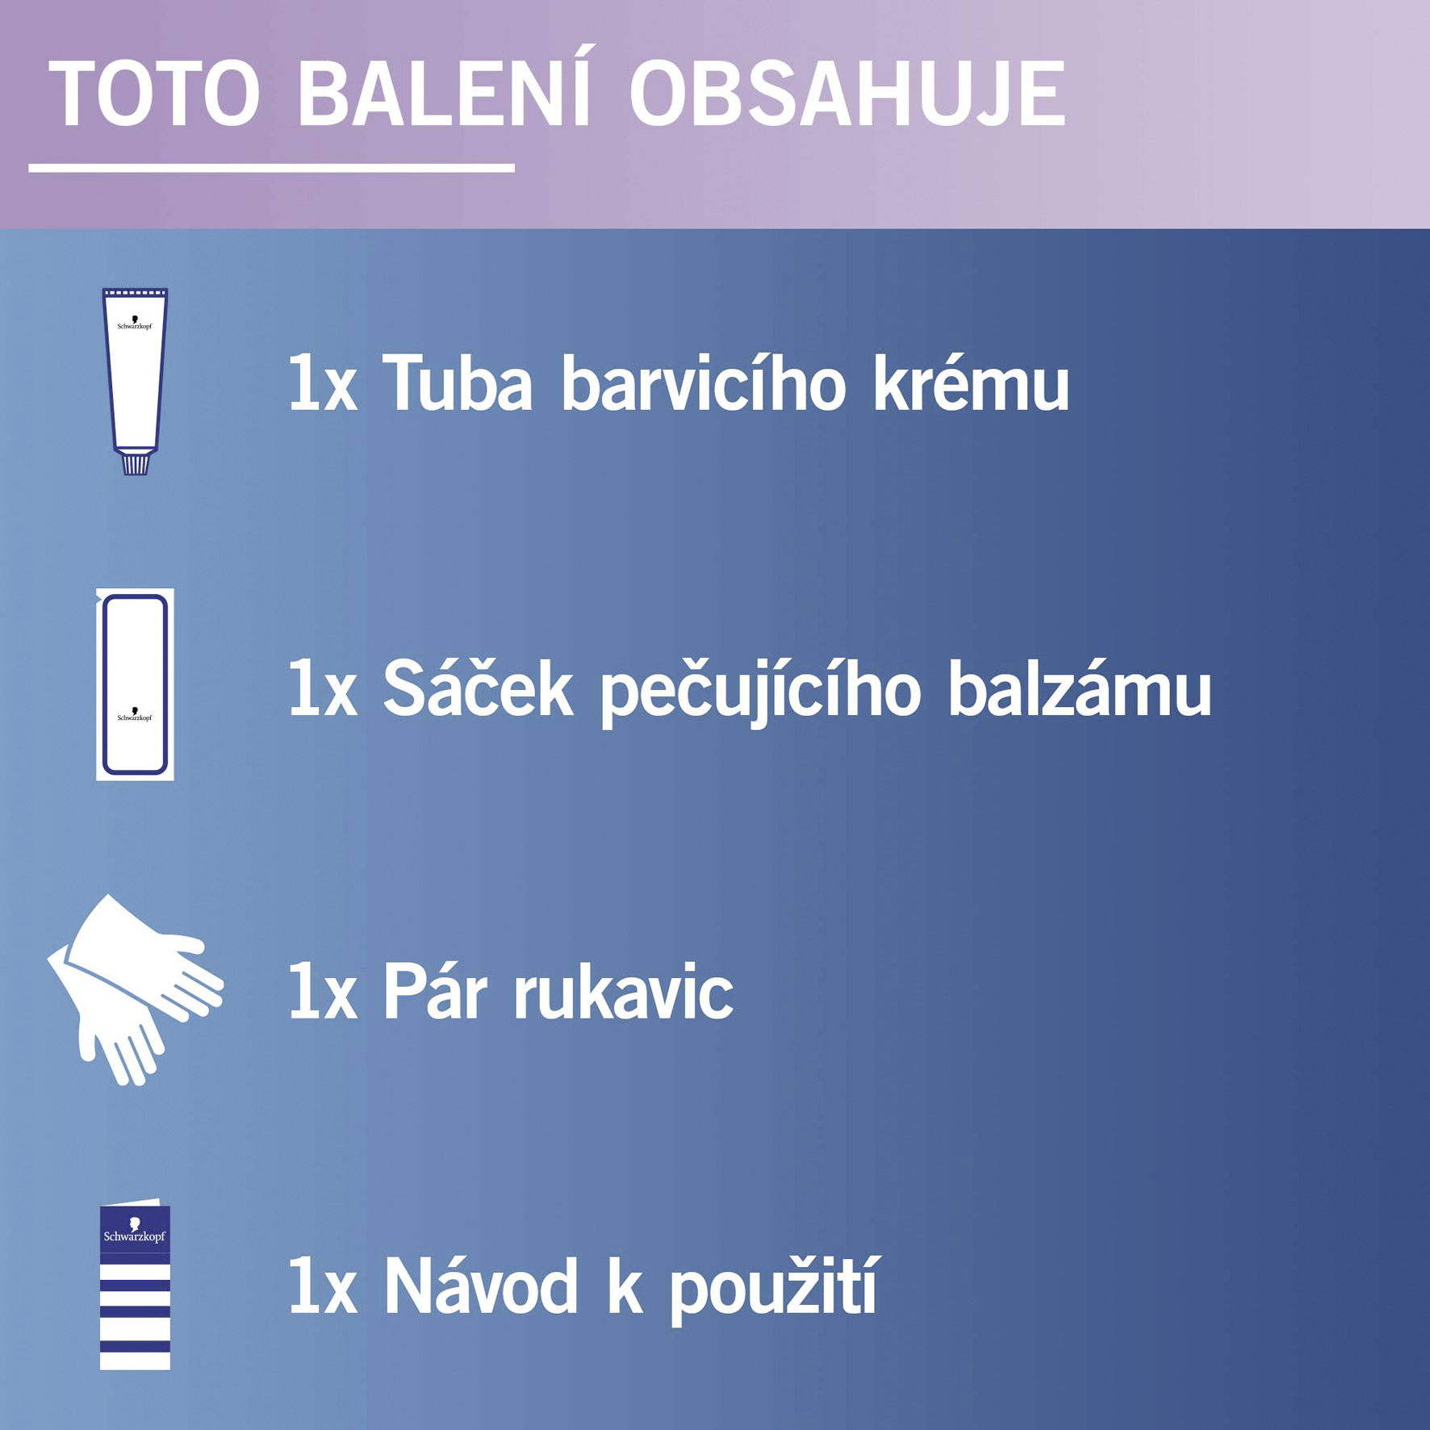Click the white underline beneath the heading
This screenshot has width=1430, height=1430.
click(x=271, y=168)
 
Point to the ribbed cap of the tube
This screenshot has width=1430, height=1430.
click(x=135, y=464)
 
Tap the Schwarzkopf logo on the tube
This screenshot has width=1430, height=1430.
click(x=135, y=323)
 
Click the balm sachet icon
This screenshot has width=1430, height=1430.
click(x=135, y=684)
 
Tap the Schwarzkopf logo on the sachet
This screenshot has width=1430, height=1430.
click(x=135, y=714)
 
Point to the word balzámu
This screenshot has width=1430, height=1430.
click(x=1079, y=688)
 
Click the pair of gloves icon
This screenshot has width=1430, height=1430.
click(x=135, y=989)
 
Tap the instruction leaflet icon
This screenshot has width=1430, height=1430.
click(x=135, y=1284)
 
